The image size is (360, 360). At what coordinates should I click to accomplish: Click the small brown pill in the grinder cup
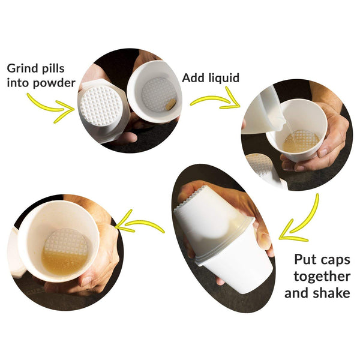(x=170, y=104)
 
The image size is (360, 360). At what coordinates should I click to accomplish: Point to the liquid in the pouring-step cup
(x=301, y=142)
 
